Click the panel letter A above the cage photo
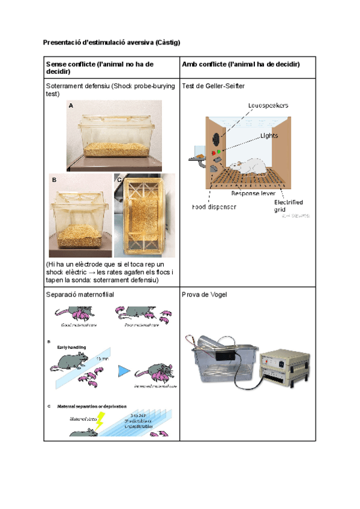click(x=70, y=105)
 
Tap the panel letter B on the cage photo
click(x=54, y=179)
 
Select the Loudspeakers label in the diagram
click(x=268, y=105)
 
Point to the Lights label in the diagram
click(x=269, y=136)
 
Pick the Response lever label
click(x=253, y=194)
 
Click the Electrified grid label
click(x=288, y=206)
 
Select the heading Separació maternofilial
click(x=80, y=295)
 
